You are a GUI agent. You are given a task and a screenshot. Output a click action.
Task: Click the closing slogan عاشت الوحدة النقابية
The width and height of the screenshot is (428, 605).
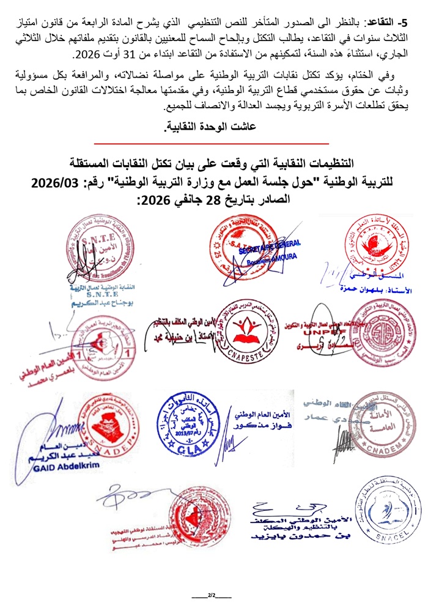[x=213, y=128]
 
